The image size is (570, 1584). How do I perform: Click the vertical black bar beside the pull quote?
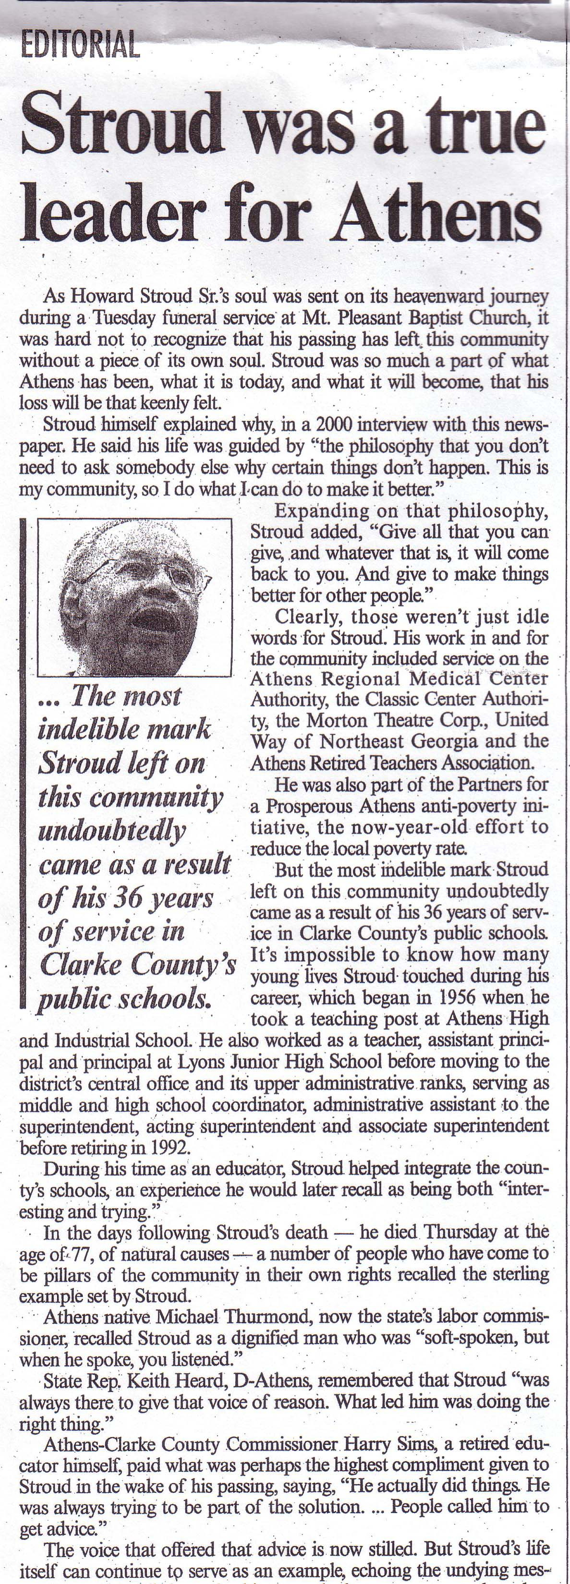pyautogui.click(x=23, y=762)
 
